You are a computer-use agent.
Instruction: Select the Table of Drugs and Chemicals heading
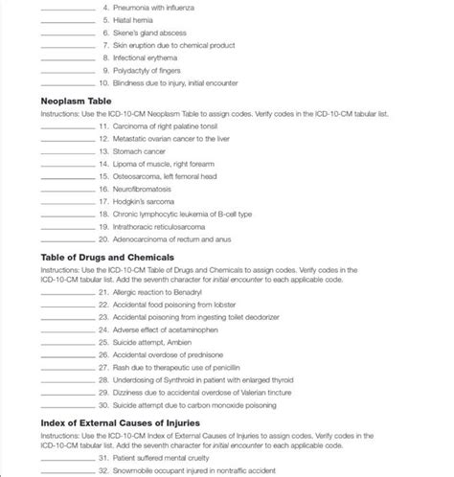click(106, 258)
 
